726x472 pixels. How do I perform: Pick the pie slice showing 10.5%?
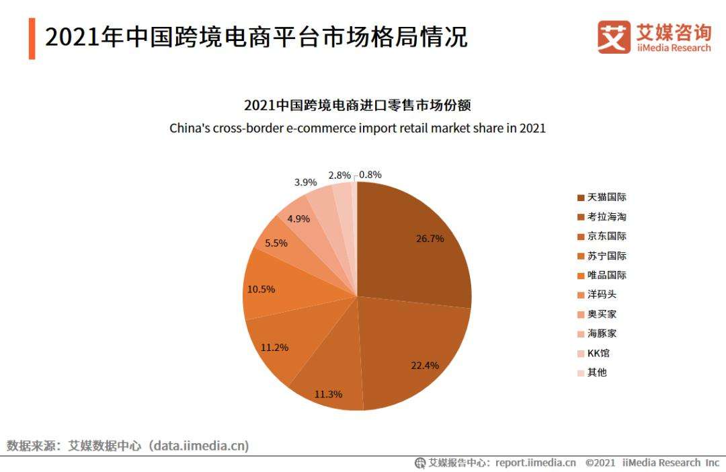coord(282,289)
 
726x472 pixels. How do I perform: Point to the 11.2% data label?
coord(274,348)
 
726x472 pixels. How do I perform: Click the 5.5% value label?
coord(276,243)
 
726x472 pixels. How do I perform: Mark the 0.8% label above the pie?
coord(370,175)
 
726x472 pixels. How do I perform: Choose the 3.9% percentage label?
coord(306,182)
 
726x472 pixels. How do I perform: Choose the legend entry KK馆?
coord(598,353)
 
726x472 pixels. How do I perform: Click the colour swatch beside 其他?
coord(580,372)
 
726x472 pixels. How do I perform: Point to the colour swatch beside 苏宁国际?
coord(580,256)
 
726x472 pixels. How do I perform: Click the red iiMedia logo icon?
coord(614,37)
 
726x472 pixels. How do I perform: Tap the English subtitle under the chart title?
coord(357,128)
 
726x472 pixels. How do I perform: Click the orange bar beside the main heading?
coord(32,38)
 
